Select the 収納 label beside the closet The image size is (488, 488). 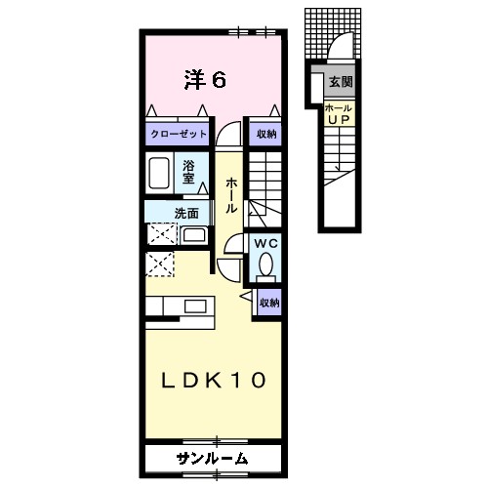point(265,134)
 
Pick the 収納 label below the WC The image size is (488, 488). point(268,303)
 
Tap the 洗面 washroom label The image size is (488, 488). point(186,213)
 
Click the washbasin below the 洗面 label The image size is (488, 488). point(193,236)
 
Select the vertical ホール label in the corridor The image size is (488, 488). point(230,195)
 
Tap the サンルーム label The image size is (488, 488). point(212,458)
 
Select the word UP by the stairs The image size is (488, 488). point(339,119)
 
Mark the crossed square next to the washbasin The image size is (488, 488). point(162,234)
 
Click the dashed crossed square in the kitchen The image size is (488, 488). point(159,264)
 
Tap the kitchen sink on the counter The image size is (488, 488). point(196,307)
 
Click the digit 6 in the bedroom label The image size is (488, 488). point(219,80)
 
